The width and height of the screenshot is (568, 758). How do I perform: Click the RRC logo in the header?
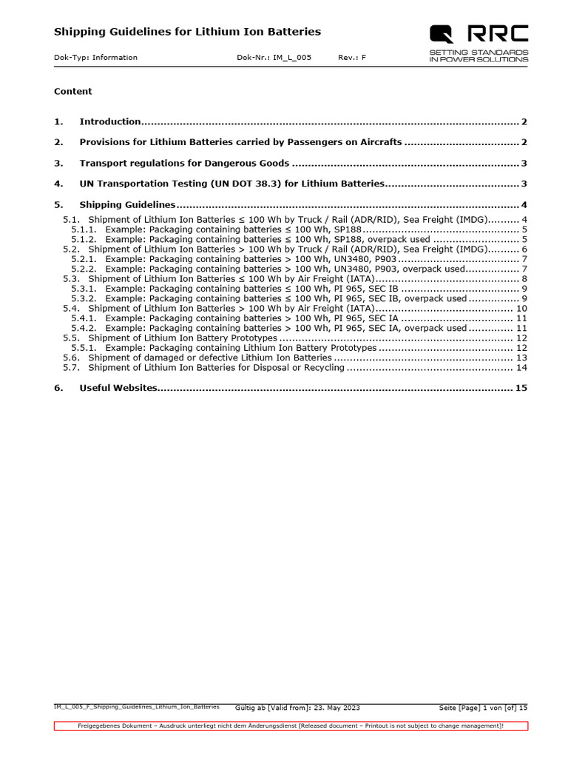click(x=479, y=33)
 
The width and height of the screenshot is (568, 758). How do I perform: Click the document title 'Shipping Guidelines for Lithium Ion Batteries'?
click(x=187, y=32)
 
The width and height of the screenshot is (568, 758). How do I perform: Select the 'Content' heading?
click(x=73, y=92)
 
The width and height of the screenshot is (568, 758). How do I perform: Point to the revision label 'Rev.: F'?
click(x=352, y=58)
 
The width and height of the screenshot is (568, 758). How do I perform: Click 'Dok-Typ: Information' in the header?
click(x=95, y=58)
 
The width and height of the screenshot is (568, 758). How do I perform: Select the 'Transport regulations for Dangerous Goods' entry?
click(x=184, y=164)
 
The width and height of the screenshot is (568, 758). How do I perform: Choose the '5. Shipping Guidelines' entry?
click(x=126, y=205)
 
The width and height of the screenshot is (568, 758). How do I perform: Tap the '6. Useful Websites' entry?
click(x=118, y=388)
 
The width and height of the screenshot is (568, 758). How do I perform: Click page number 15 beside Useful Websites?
click(x=521, y=388)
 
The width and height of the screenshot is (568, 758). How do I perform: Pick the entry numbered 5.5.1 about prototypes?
click(x=240, y=348)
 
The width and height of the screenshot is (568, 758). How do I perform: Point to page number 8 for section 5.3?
click(x=524, y=279)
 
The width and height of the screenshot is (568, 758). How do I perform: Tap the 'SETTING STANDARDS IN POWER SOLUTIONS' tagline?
click(x=479, y=56)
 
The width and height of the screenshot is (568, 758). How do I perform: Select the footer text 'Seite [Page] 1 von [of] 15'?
click(x=483, y=708)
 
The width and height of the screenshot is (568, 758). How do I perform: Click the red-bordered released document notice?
click(x=291, y=726)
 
